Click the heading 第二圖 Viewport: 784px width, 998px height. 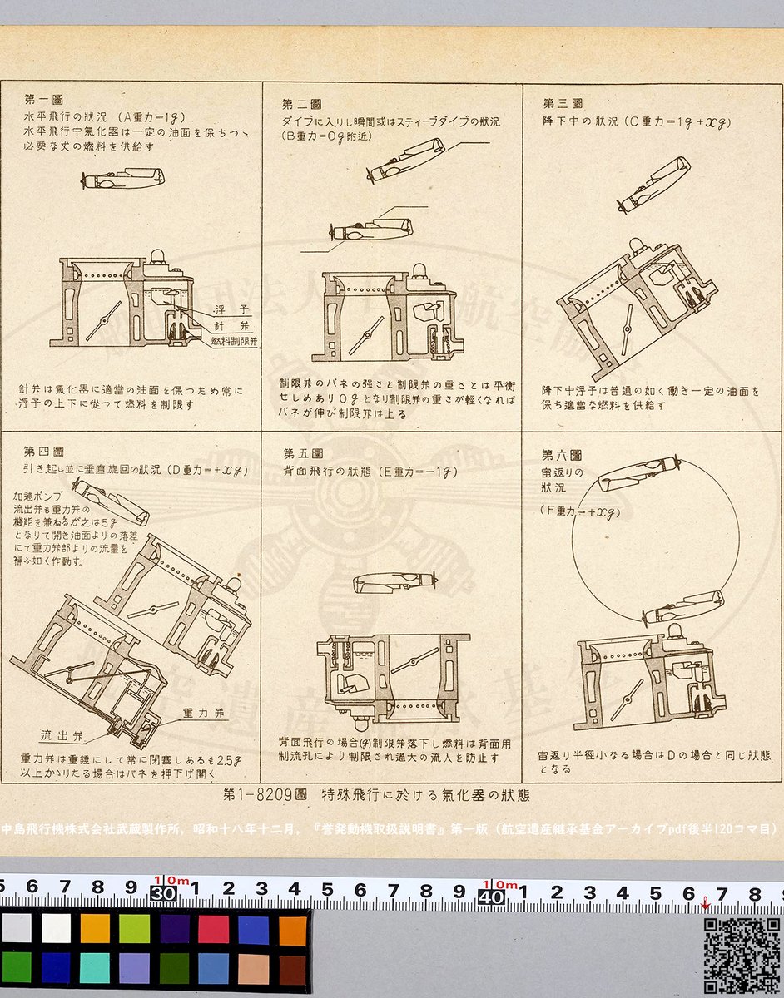pos(301,105)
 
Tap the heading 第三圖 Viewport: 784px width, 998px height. pos(563,104)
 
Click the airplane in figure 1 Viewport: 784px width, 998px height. pos(124,179)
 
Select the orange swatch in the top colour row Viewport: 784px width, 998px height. pos(94,928)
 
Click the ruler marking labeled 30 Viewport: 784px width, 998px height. pos(161,892)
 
